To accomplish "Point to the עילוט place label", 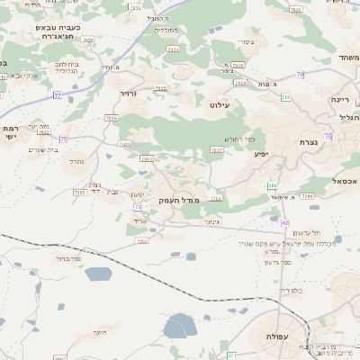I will [220, 105].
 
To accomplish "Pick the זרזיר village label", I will [130, 93].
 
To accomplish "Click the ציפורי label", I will [246, 42].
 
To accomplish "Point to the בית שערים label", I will [43, 149].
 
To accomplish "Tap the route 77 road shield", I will [58, 94].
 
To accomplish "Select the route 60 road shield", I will [285, 222].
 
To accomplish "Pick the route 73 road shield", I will [138, 206].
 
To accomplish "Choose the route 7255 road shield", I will [80, 192].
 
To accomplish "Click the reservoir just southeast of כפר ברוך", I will [99, 274].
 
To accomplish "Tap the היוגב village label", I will [100, 333].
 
